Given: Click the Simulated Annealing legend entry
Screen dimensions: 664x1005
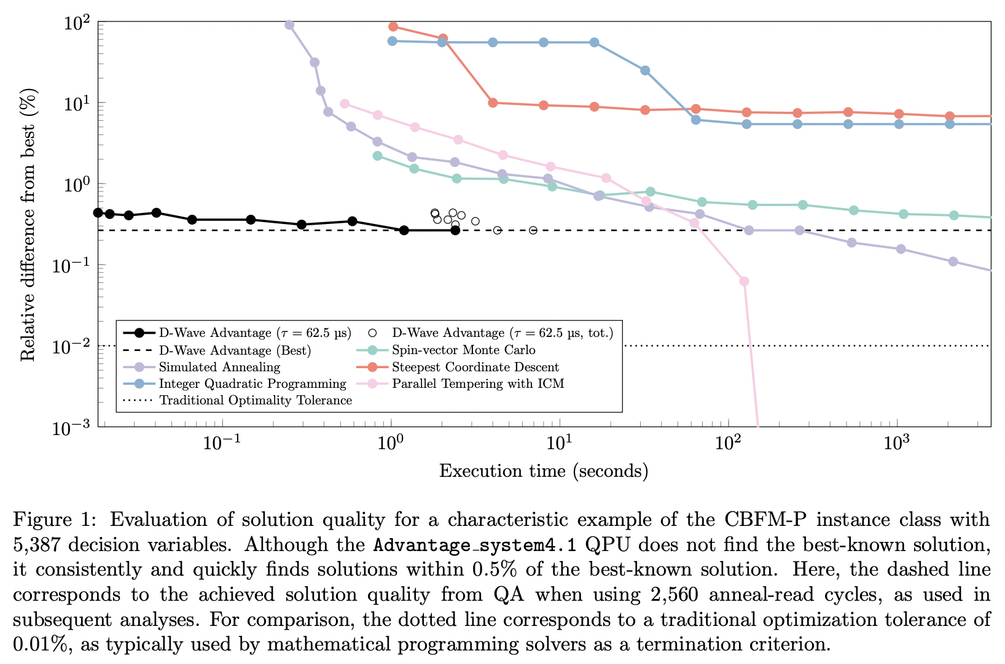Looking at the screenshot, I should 219,367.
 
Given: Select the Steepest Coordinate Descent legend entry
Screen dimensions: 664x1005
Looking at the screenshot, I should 475,367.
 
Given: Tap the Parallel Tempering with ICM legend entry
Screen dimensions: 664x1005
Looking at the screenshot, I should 478,384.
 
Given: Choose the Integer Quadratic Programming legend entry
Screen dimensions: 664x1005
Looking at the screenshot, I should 252,384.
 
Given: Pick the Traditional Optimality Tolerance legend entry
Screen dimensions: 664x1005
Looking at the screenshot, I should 256,401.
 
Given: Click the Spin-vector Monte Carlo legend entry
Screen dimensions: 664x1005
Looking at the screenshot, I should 464,350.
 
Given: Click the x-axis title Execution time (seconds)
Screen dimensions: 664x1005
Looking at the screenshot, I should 544,471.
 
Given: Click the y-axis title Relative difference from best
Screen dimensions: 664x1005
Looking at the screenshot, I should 29,225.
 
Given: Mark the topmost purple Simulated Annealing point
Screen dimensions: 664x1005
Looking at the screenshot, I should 289,25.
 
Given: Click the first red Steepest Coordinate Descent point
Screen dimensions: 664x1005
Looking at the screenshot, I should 393,26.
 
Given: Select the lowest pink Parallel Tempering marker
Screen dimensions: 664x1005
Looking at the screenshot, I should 744,281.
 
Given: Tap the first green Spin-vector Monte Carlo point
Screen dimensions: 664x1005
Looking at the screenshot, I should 377,156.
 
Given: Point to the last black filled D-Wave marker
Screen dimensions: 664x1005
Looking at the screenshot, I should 455,230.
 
